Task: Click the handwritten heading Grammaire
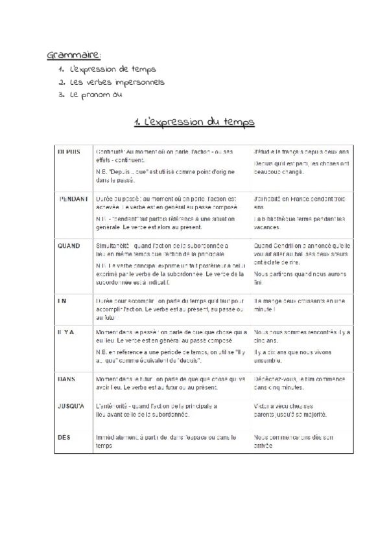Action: [x=75, y=54]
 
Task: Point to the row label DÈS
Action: [x=63, y=438]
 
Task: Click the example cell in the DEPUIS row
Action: [x=301, y=162]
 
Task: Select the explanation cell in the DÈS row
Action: [x=166, y=442]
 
